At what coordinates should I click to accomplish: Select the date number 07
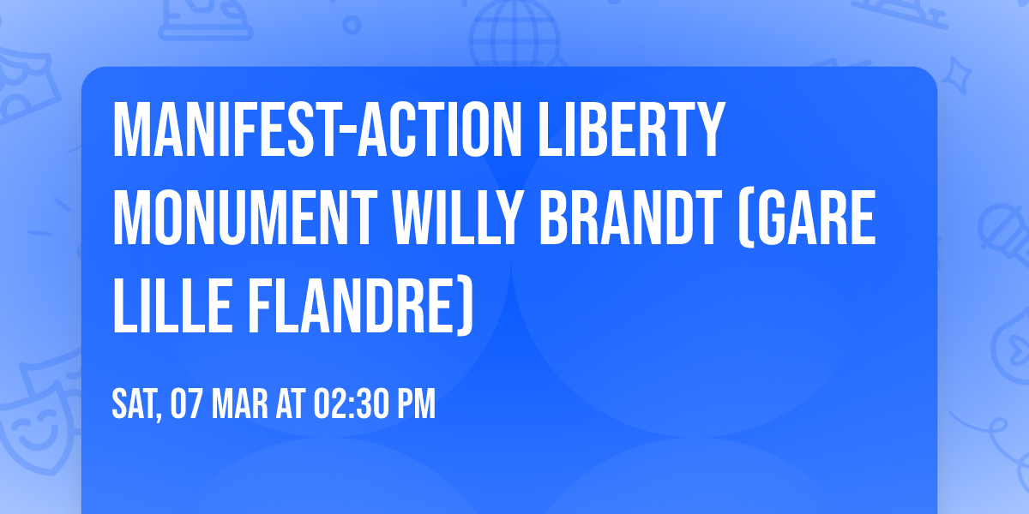point(188,403)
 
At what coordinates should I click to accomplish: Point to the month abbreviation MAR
point(242,403)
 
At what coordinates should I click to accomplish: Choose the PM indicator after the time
point(417,403)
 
